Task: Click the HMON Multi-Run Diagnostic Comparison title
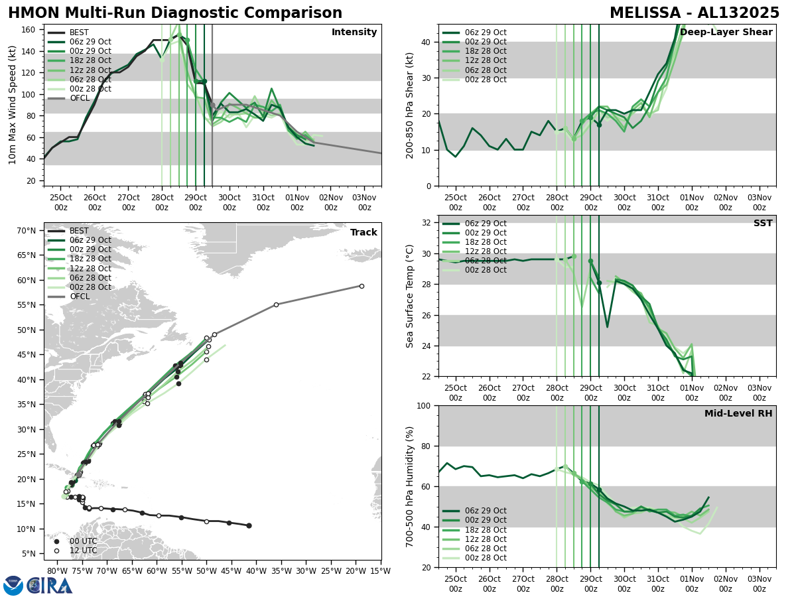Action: (x=175, y=13)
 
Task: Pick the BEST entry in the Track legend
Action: (x=79, y=231)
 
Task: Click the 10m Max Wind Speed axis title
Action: (x=12, y=105)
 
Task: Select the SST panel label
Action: (x=762, y=224)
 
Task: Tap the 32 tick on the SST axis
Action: (x=427, y=222)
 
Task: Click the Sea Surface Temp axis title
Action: (x=410, y=296)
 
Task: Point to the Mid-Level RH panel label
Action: (x=738, y=414)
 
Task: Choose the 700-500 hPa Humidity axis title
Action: (x=410, y=486)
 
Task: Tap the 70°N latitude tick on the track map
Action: (x=26, y=231)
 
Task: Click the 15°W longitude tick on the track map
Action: (x=380, y=570)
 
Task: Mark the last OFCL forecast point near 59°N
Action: (x=362, y=286)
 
